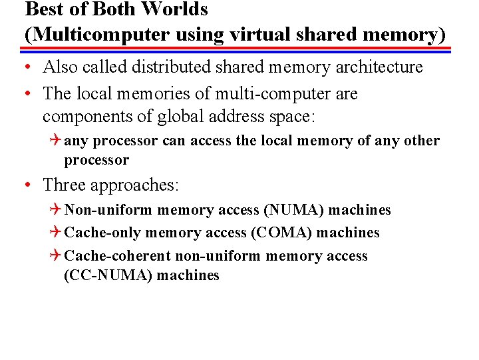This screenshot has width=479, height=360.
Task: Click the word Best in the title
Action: point(42,9)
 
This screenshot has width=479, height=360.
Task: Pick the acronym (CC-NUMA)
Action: point(108,275)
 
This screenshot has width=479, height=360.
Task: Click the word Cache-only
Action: point(103,233)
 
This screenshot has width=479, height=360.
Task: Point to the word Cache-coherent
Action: point(117,256)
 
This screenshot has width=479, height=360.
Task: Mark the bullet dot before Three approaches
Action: point(29,185)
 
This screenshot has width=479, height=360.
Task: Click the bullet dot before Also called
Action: point(29,68)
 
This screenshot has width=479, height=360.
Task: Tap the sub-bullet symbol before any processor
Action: point(57,141)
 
